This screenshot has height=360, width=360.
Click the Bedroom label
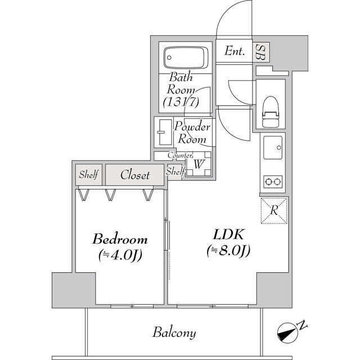pos(120,238)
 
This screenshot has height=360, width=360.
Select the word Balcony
pos(174,332)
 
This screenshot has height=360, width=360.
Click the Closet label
pos(136,175)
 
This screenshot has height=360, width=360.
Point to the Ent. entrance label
pos(235,51)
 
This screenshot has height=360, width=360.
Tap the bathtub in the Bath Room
pos(186,57)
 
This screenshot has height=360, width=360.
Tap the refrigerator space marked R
pos(274,211)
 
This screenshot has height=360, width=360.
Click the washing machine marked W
pos(199,164)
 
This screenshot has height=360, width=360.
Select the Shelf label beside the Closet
pos(89,175)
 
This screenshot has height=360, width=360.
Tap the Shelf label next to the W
pos(175,171)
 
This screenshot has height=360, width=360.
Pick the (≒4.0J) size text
pos(120,255)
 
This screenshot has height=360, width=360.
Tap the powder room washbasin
pos(164,133)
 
